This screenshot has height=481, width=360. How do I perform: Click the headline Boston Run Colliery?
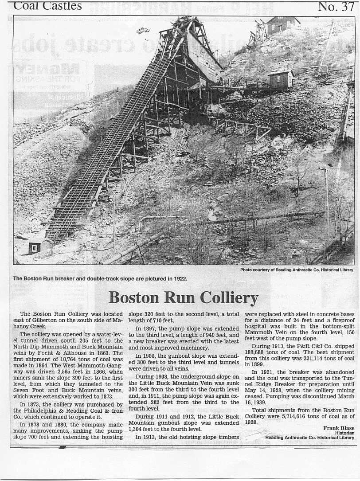[x=183, y=297]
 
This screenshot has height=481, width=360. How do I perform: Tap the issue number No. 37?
[x=336, y=6]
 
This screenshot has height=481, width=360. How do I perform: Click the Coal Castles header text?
[x=48, y=6]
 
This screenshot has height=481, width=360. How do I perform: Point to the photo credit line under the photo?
[x=297, y=270]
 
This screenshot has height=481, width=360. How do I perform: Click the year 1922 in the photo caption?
[x=179, y=279]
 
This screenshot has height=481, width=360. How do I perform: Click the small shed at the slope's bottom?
[x=35, y=248]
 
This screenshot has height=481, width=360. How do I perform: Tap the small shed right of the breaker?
[x=281, y=79]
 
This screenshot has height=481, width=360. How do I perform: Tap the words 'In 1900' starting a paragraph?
[x=145, y=356]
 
